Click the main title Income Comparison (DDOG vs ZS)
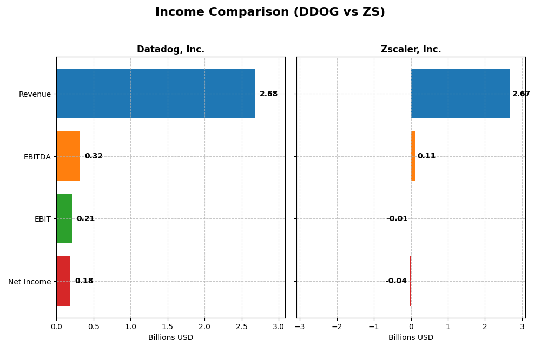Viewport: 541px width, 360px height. click(x=270, y=12)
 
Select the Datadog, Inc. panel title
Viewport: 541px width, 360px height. click(x=170, y=50)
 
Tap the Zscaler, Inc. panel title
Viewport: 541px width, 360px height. click(x=411, y=50)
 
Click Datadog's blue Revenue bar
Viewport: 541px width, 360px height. click(x=156, y=94)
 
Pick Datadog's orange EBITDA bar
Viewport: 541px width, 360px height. click(x=68, y=156)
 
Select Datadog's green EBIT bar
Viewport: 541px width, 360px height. click(x=64, y=218)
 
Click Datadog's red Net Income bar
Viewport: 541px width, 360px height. click(x=63, y=281)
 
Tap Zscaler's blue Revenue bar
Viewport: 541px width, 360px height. click(x=460, y=94)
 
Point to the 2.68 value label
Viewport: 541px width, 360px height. click(x=268, y=94)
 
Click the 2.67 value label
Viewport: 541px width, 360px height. click(x=521, y=94)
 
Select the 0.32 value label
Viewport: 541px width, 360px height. click(x=94, y=156)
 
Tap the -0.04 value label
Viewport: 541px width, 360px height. click(x=396, y=281)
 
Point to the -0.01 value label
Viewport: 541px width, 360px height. click(x=397, y=219)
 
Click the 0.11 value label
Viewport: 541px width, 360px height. click(x=426, y=156)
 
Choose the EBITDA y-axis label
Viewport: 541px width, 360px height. click(x=37, y=157)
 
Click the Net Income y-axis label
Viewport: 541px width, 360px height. click(x=30, y=282)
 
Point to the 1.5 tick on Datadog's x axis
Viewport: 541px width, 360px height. click(x=168, y=326)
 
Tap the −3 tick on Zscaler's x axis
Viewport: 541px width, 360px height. click(x=300, y=326)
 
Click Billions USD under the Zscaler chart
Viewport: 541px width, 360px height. click(x=411, y=338)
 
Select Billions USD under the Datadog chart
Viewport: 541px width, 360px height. click(x=170, y=338)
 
